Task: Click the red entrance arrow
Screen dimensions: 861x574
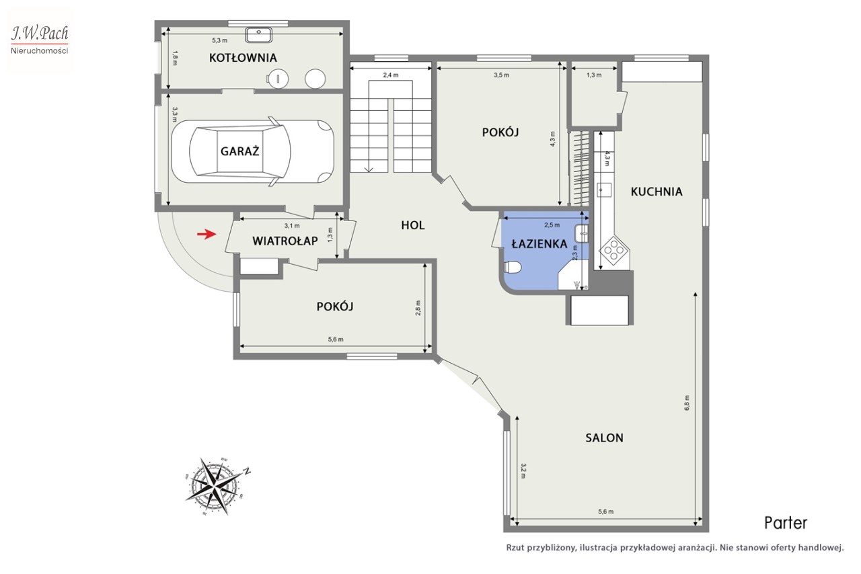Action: (x=207, y=234)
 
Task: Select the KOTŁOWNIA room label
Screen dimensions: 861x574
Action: (x=243, y=58)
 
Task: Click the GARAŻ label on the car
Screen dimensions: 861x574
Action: (x=240, y=151)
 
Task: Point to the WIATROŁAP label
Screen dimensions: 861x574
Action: (x=285, y=241)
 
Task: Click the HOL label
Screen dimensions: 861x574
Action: (x=413, y=225)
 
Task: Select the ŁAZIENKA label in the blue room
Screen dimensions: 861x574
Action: (x=539, y=243)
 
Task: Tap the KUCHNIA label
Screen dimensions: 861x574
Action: (x=657, y=192)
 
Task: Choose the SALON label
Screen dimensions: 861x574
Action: (x=604, y=438)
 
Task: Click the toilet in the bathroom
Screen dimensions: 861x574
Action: (x=512, y=267)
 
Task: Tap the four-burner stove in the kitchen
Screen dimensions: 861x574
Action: (x=615, y=251)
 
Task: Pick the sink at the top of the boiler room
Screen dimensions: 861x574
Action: (x=259, y=34)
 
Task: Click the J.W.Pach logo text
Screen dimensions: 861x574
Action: (x=40, y=34)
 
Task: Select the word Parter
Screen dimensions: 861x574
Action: (x=785, y=523)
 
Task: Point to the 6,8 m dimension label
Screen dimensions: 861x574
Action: (x=687, y=403)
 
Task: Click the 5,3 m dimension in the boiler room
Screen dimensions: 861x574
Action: (x=219, y=40)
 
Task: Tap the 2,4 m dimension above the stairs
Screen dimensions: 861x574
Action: (x=391, y=75)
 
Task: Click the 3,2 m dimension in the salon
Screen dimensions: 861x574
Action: (x=523, y=470)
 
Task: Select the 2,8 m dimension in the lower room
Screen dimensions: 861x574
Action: (x=418, y=308)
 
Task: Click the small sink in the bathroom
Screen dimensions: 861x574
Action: (x=582, y=234)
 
